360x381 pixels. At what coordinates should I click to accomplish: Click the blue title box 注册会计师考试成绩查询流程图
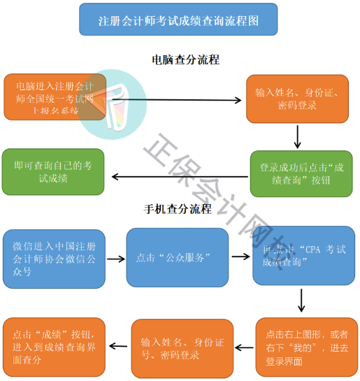click(x=178, y=20)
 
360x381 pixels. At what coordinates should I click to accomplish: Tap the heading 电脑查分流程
click(x=185, y=60)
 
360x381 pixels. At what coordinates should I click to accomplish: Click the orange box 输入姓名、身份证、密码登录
click(x=296, y=99)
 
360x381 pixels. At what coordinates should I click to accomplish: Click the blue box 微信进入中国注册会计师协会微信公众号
click(x=55, y=258)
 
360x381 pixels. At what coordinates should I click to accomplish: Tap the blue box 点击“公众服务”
click(x=177, y=257)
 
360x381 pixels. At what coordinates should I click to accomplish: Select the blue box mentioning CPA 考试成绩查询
click(x=303, y=256)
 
